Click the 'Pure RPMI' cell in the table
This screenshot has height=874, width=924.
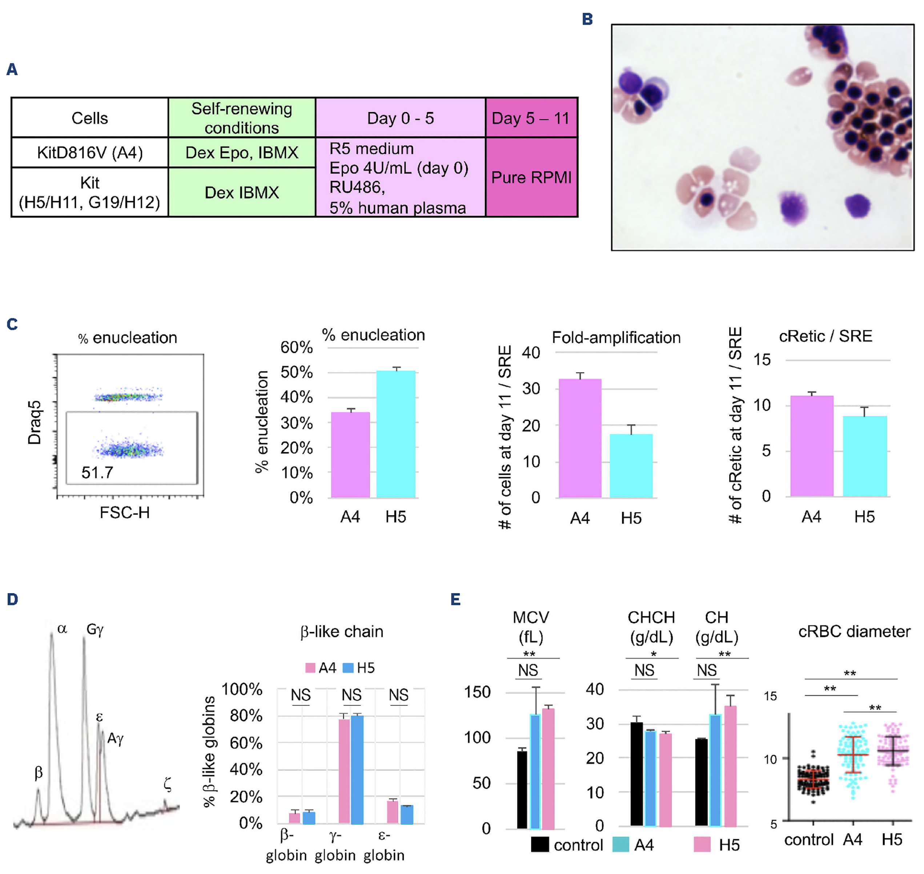coord(531,177)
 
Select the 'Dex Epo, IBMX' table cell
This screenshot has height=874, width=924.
coord(241,152)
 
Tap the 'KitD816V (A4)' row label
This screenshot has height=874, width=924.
coord(89,152)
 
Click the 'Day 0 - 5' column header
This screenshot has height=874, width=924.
coord(400,118)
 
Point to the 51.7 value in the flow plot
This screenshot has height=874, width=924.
coord(97,472)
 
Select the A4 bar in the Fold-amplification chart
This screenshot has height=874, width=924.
coord(580,438)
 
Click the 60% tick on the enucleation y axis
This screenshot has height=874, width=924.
coord(296,347)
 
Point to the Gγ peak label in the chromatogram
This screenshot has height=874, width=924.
coord(95,629)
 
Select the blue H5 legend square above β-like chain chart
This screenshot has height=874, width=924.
coord(347,668)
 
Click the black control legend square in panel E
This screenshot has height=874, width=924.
coord(539,845)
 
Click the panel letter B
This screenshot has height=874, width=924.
coord(587,19)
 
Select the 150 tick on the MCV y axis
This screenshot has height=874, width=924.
coord(477,692)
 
